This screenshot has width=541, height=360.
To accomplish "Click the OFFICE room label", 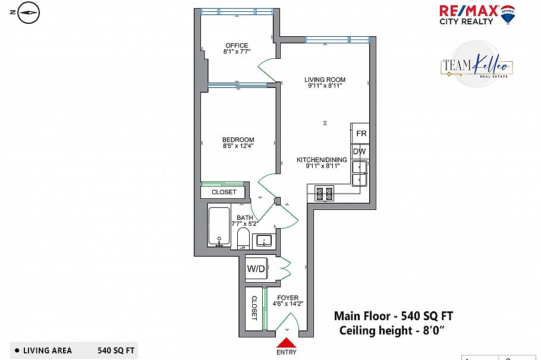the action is pyautogui.click(x=237, y=45).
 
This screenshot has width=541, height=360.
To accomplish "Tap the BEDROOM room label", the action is pyautogui.click(x=238, y=140).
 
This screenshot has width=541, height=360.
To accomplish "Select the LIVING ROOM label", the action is pyautogui.click(x=325, y=80).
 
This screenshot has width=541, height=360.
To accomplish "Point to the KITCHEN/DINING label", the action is pyautogui.click(x=322, y=160).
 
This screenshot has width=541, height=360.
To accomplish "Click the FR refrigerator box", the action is pyautogui.click(x=360, y=134).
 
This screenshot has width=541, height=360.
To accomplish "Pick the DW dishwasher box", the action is pyautogui.click(x=360, y=151).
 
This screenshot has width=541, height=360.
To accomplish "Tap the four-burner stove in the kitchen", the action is pyautogui.click(x=325, y=194).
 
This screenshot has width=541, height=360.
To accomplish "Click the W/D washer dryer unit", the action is pyautogui.click(x=256, y=269).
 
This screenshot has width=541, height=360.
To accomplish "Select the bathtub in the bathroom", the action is pyautogui.click(x=219, y=226).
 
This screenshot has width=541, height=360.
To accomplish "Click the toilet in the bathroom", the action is pyautogui.click(x=243, y=238).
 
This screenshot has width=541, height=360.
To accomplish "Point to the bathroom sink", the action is pyautogui.click(x=264, y=241).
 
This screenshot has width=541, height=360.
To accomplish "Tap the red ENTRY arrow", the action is pyautogui.click(x=287, y=342).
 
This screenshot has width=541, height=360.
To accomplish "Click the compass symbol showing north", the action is pyautogui.click(x=29, y=12).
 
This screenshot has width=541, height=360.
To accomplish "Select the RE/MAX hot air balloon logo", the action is pyautogui.click(x=508, y=14).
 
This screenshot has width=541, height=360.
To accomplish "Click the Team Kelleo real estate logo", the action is pyautogui.click(x=476, y=65).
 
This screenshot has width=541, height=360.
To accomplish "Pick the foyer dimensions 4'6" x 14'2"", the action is pyautogui.click(x=288, y=304).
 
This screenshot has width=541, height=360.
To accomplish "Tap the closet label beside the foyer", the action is pyautogui.click(x=254, y=308).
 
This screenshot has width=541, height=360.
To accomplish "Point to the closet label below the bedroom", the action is pyautogui.click(x=224, y=192).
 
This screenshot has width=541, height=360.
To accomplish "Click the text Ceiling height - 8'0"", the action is pyautogui.click(x=391, y=330).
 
